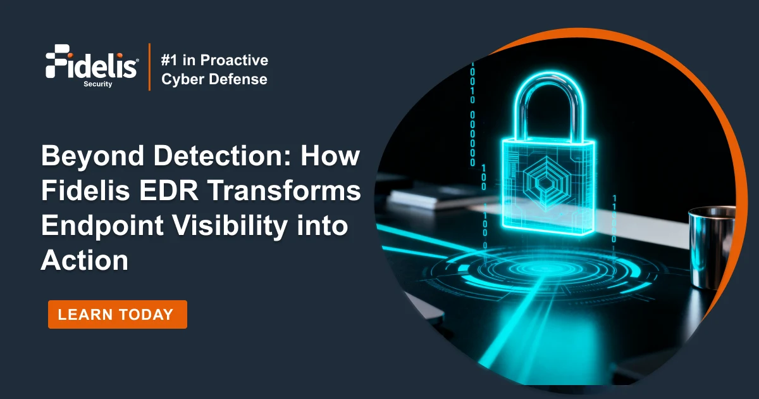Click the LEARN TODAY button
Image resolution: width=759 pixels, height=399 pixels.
[x=117, y=314]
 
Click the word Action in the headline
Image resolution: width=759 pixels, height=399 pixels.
[x=84, y=261]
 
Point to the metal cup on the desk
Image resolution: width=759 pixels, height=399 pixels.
[x=712, y=246]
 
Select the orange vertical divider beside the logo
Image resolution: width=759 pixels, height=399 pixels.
[x=149, y=66]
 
